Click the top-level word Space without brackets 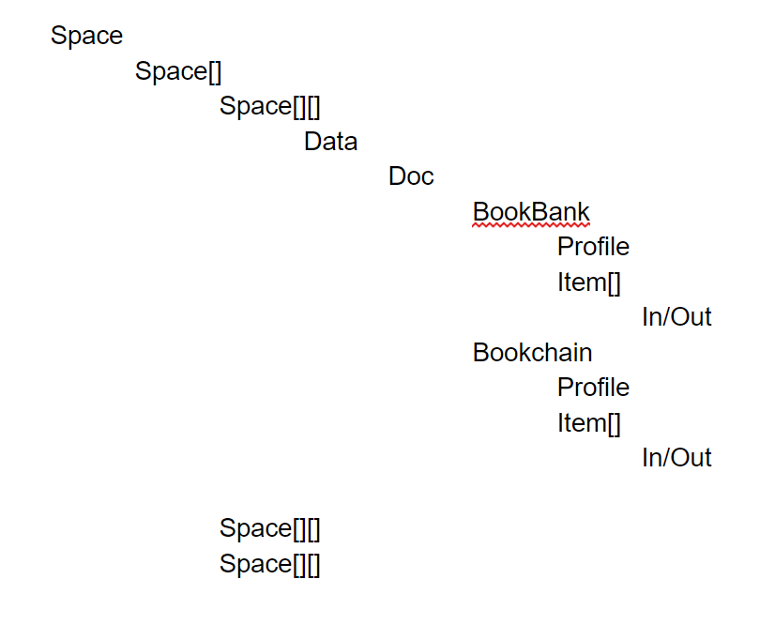pos(86,36)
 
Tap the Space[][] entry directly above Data pos(270,106)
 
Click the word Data pos(330,142)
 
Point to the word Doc pos(411,176)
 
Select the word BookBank pos(531,212)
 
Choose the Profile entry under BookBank pos(593,247)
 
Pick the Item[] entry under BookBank pos(589,282)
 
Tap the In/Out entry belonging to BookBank pos(676,317)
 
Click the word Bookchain pos(532,353)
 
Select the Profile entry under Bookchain pos(593,388)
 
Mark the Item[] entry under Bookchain pos(589,423)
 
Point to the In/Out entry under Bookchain pos(676,458)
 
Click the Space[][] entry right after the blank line pos(270,528)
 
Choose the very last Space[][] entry pos(270,564)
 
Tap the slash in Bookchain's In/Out pos(667,458)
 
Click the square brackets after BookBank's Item pos(614,282)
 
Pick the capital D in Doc pos(397,176)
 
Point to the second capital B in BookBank pos(540,212)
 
